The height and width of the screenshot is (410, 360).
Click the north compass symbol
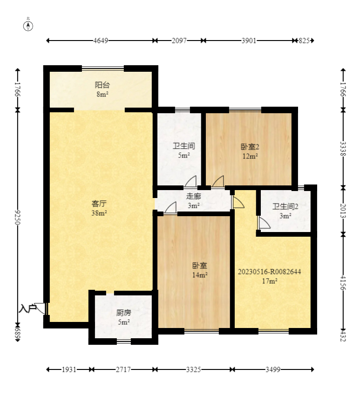pyautogui.click(x=28, y=26)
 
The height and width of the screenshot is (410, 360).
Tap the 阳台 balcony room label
pyautogui.click(x=102, y=85)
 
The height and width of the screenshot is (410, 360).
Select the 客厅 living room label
pyautogui.click(x=99, y=204)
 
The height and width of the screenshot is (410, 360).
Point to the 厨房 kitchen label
pyautogui.click(x=124, y=313)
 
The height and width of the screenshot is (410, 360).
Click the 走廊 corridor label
pyautogui.click(x=193, y=196)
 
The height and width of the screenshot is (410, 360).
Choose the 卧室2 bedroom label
pyautogui.click(x=250, y=147)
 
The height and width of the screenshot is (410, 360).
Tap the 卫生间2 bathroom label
pyautogui.click(x=285, y=206)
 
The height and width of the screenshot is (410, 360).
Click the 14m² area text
pyautogui.click(x=200, y=275)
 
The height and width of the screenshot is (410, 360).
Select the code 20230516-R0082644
pyautogui.click(x=269, y=272)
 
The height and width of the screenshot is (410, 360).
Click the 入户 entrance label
pyautogui.click(x=27, y=308)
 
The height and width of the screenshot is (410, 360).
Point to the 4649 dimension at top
pyautogui.click(x=101, y=41)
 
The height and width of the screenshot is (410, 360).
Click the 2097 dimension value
pyautogui.click(x=179, y=41)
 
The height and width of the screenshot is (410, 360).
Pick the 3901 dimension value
pyautogui.click(x=249, y=41)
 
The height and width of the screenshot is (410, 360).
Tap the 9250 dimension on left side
pyautogui.click(x=18, y=217)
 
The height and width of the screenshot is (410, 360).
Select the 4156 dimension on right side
pyautogui.click(x=343, y=283)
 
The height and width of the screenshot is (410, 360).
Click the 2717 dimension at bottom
pyautogui.click(x=123, y=369)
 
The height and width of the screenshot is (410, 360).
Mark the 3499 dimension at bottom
pyautogui.click(x=273, y=369)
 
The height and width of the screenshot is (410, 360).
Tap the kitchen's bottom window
pyautogui.click(x=124, y=341)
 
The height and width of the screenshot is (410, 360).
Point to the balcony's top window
pyautogui.click(x=103, y=69)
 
